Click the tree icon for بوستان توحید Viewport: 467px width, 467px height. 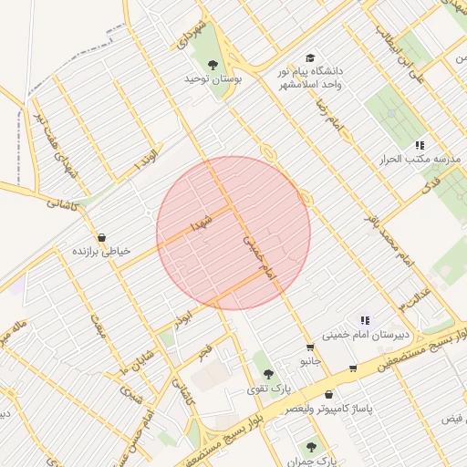click(x=213, y=65)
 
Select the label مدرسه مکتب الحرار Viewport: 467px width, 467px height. click(x=417, y=159)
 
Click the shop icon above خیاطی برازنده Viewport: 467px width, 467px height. click(x=101, y=237)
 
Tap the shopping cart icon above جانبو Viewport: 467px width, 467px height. click(x=310, y=348)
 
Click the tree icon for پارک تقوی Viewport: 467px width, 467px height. click(x=267, y=373)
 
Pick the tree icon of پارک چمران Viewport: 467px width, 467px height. click(x=311, y=447)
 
